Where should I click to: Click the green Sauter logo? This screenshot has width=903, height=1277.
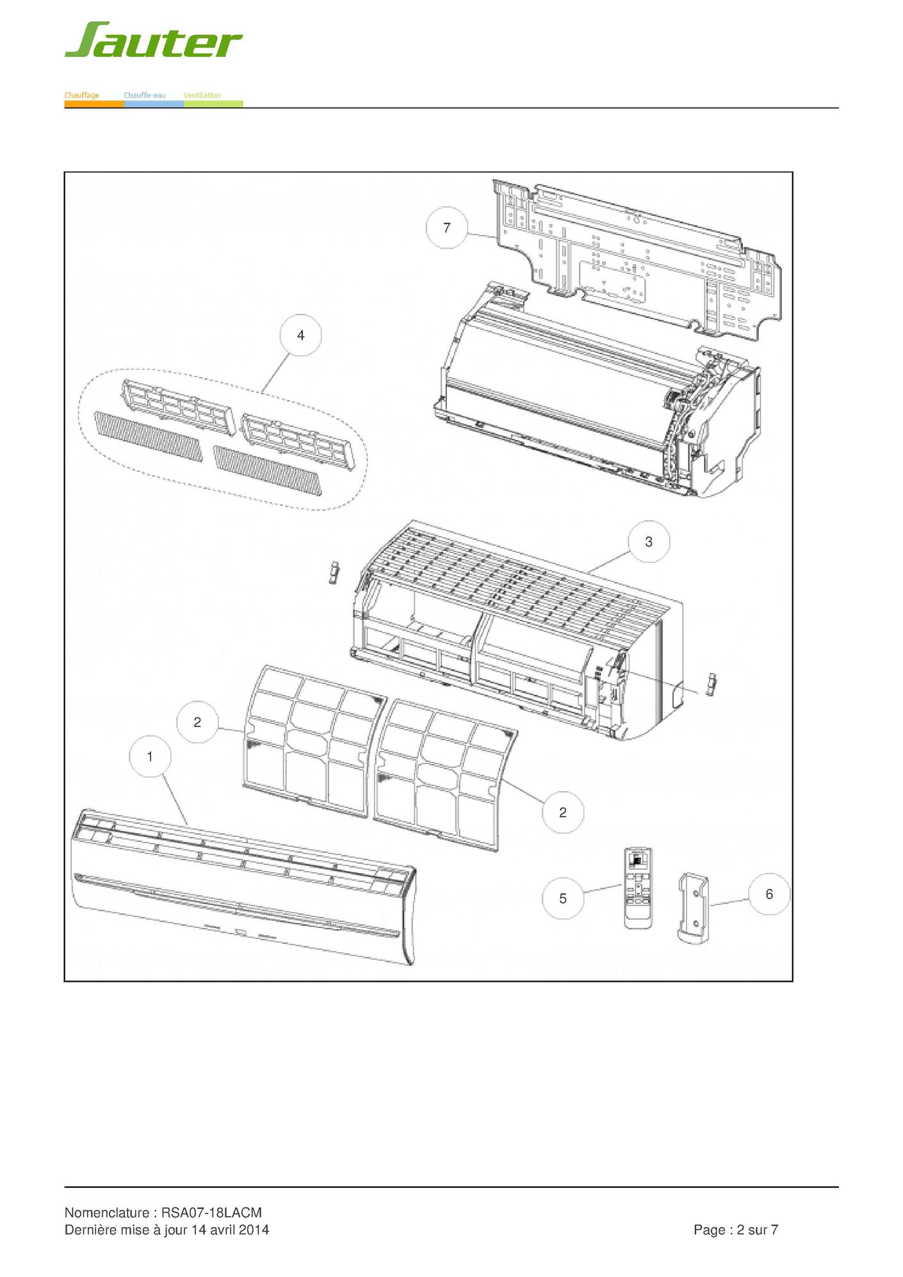154,40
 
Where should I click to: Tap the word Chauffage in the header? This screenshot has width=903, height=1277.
81,95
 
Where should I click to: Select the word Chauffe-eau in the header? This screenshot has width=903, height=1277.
145,95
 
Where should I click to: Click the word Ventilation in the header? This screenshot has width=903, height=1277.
202,95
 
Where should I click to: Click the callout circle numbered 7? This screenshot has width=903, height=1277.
447,227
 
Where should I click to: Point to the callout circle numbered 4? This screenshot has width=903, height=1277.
301,335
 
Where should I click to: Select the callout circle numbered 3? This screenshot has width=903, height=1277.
649,542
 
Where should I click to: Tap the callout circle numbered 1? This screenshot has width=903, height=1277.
150,756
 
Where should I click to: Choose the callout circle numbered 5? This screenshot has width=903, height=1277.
563,899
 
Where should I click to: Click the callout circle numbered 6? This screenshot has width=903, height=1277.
769,894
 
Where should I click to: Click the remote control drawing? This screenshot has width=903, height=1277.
639,888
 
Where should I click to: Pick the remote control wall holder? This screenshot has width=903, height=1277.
694,907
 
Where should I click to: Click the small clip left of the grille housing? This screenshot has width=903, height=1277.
333,573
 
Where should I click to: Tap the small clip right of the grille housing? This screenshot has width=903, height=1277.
710,685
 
